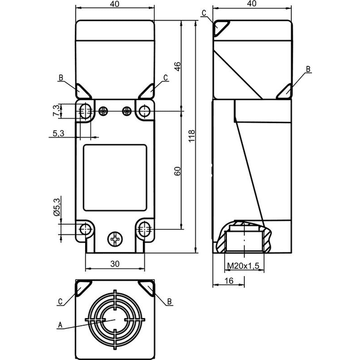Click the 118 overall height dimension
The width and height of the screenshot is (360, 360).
click(191, 136)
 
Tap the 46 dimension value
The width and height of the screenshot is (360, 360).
click(178, 67)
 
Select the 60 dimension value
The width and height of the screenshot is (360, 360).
click(178, 171)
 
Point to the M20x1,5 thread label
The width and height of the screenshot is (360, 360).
click(243, 266)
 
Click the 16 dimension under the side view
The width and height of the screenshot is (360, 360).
click(229, 281)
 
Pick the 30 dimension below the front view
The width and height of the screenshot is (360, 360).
click(115, 264)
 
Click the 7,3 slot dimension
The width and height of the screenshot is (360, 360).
click(56, 110)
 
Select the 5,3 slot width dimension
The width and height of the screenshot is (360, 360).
click(59, 133)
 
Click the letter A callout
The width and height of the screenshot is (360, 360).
click(60, 325)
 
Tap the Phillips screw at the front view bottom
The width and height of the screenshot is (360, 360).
click(115, 239)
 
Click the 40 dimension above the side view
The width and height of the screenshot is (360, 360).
click(252, 4)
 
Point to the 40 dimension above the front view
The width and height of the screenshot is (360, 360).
click(115, 4)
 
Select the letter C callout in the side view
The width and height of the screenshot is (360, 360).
click(204, 13)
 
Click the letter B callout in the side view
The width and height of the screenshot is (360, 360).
click(308, 69)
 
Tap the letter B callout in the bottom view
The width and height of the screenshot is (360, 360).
click(169, 301)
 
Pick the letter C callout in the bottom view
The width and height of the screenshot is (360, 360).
click(60, 301)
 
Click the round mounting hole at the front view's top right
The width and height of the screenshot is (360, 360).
click(145, 110)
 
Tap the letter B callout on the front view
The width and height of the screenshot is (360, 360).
click(61, 77)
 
